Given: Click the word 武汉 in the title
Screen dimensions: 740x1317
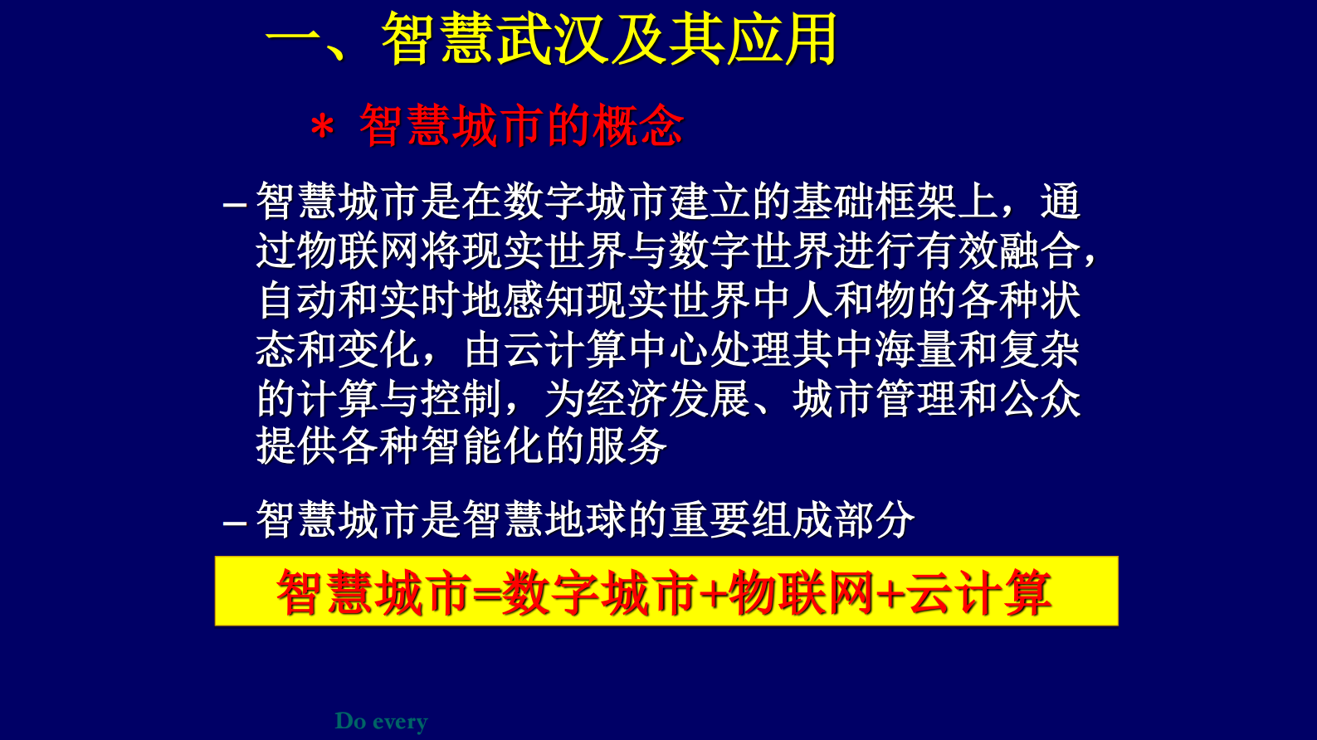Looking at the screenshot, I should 554,40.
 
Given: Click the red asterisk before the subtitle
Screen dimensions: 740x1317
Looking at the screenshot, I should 322,129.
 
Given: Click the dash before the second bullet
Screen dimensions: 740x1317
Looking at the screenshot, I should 235,523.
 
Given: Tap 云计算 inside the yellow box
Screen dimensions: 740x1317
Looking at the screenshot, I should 979,593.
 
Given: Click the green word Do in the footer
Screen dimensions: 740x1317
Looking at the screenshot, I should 350,721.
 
